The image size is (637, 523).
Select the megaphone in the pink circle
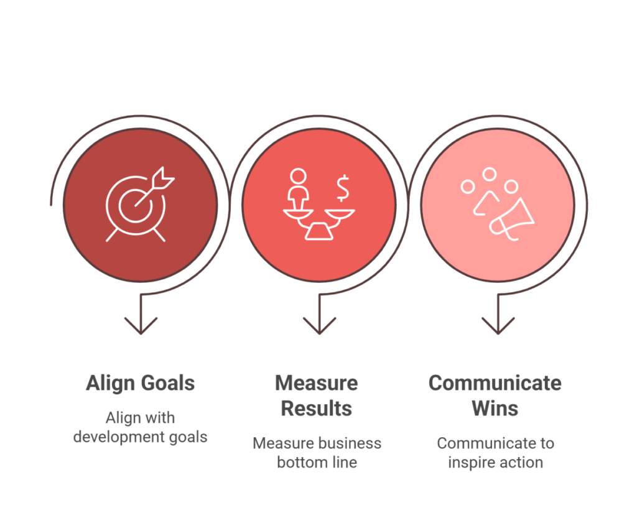coord(512,220)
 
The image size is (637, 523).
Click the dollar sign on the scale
coord(343,188)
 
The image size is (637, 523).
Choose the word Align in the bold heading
coord(110,384)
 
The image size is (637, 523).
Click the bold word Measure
coord(317,383)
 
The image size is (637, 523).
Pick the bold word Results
coord(317,409)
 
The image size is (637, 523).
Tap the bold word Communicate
coord(495,383)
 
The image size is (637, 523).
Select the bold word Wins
coord(495,409)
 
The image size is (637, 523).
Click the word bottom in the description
coord(302,462)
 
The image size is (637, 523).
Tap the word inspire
coord(472,463)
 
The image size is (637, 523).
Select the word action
coord(522,462)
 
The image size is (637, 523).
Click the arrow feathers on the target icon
coord(164,177)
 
